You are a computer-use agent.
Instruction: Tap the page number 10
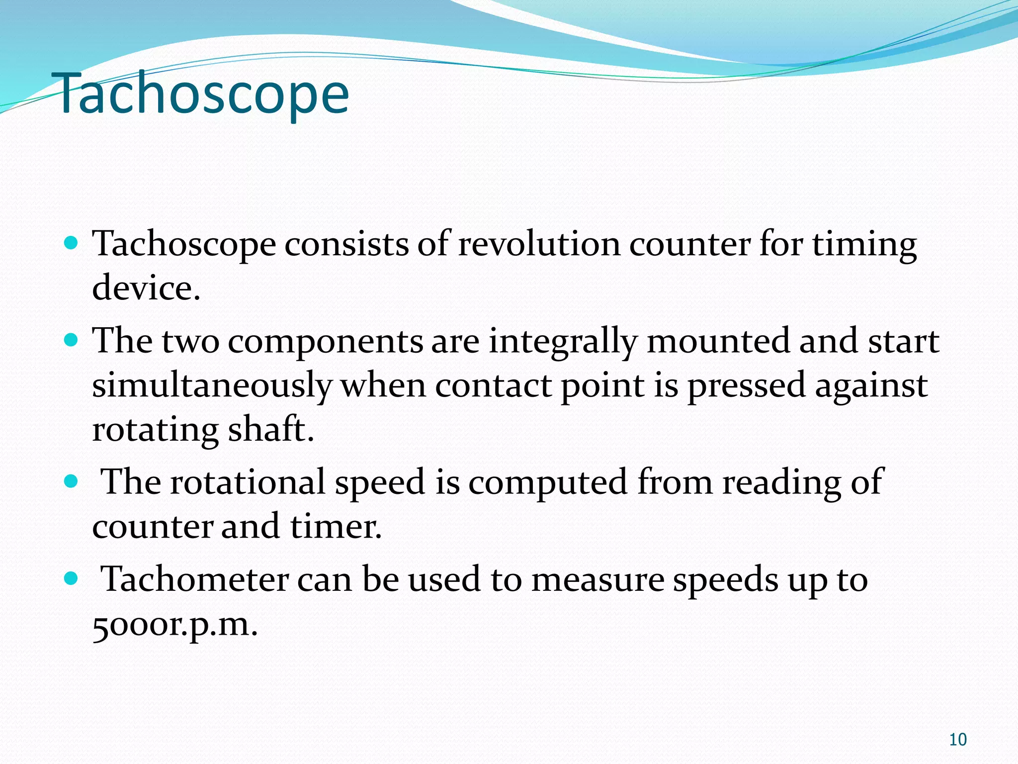[957, 740]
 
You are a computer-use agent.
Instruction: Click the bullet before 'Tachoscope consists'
[72, 243]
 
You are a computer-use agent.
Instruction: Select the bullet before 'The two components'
[72, 340]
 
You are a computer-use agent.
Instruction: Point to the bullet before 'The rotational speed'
[72, 481]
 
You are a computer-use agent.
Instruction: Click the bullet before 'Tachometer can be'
[72, 578]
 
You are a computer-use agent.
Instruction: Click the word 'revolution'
[538, 244]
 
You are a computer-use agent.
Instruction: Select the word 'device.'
[146, 288]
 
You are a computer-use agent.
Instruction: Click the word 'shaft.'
[271, 429]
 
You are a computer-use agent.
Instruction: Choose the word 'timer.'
[336, 526]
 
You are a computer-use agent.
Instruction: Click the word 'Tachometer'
[195, 579]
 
